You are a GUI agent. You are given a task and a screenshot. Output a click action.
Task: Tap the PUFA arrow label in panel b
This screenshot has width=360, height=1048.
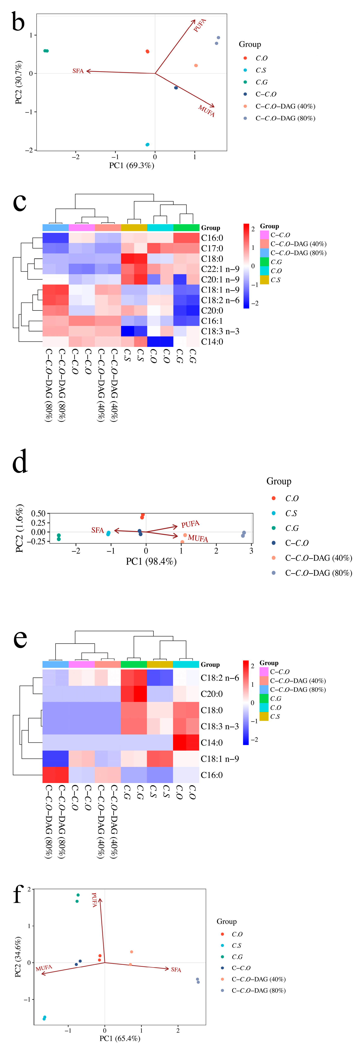[x=200, y=25]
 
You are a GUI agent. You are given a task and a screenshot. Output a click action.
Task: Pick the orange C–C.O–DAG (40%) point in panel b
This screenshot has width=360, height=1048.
[x=196, y=65]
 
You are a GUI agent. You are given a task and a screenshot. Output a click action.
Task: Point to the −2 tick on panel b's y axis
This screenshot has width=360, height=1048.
[x=29, y=150]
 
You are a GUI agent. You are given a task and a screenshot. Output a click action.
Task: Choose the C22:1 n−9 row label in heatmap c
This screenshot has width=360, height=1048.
[x=220, y=269]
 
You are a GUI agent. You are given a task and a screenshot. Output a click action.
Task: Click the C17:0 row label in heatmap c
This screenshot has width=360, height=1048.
[x=212, y=248]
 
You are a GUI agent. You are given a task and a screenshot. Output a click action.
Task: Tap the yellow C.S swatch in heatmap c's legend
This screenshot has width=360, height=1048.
[x=264, y=280]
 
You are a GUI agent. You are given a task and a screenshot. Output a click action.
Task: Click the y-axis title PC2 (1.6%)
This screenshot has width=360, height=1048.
[x=19, y=528]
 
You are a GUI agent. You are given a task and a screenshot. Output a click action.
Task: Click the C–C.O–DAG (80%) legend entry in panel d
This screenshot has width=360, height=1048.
[x=318, y=573]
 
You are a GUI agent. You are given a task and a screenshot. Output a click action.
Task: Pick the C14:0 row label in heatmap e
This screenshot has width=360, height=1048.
[x=212, y=742]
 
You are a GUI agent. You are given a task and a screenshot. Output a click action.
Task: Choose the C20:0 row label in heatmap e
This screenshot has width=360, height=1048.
[x=212, y=694]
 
